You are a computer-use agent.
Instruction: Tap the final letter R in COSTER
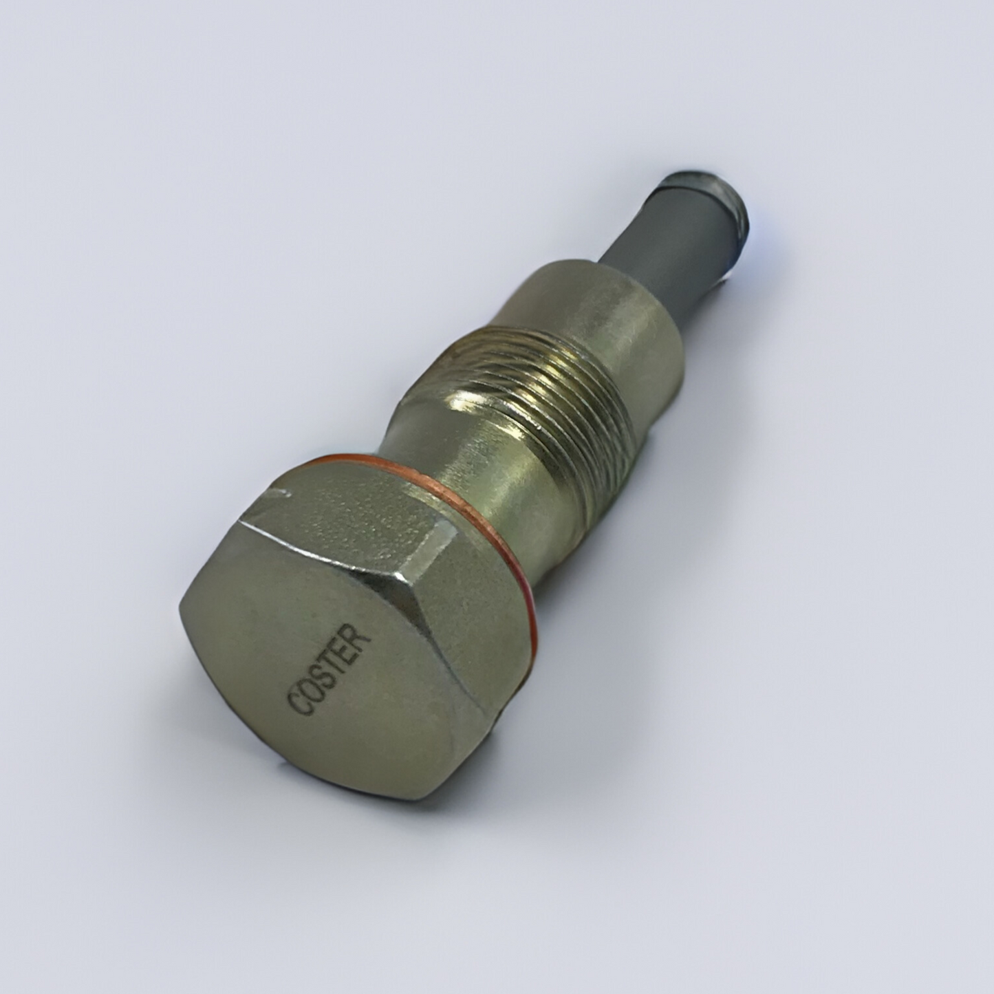[x=362, y=638]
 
